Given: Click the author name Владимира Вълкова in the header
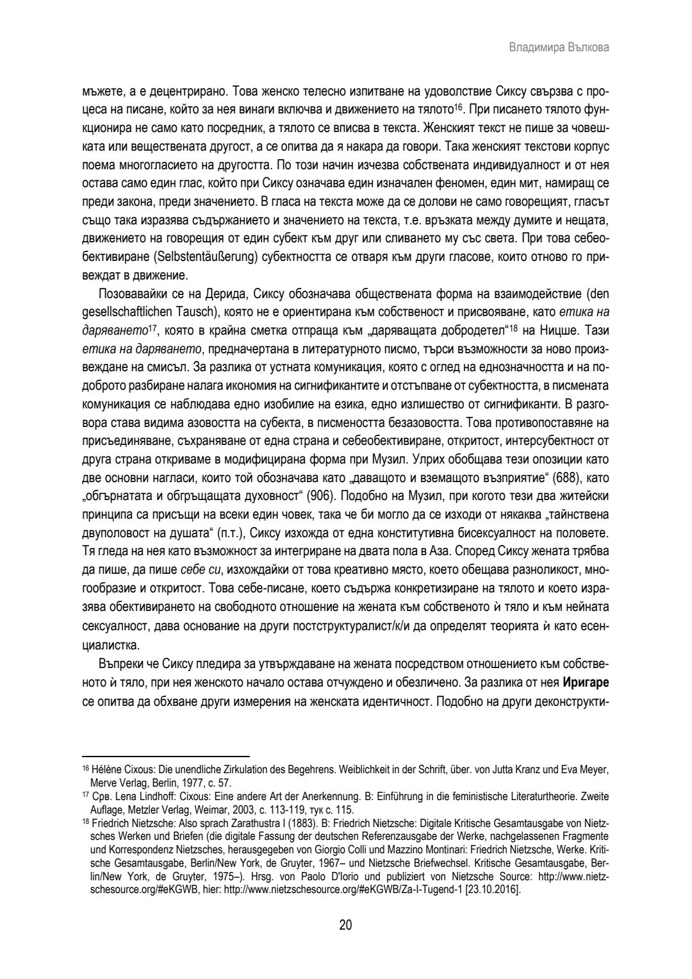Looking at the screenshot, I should point(558,48).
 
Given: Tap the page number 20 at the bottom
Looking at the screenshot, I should point(345,925).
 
